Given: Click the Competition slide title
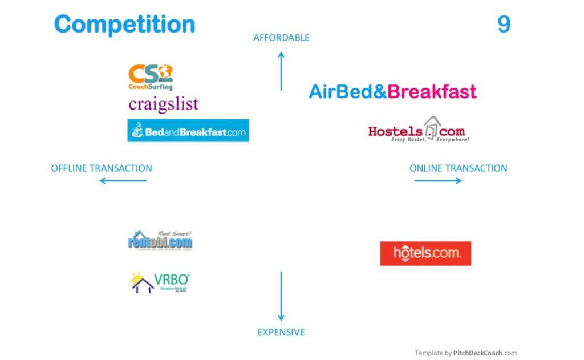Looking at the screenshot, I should (124, 25).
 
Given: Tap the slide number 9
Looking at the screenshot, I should (504, 25).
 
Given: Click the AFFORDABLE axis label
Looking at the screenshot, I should (281, 38).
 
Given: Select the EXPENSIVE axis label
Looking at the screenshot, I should (281, 332).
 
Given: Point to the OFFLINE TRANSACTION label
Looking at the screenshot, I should (102, 168).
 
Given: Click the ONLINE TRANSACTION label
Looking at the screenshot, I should (458, 168).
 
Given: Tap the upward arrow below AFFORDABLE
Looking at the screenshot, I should (281, 71).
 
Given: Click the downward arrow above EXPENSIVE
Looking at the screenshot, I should (281, 296).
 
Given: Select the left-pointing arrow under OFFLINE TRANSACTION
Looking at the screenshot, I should (123, 181).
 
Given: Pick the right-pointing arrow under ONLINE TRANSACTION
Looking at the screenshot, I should (438, 181).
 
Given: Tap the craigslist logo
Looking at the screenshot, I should (163, 104).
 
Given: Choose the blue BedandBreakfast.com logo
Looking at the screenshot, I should (188, 131).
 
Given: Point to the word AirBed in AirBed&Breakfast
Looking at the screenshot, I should (342, 92).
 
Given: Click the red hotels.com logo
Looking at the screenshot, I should (425, 253).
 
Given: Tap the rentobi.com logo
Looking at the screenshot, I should (160, 240).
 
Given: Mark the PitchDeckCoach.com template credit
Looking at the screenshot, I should (465, 353).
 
